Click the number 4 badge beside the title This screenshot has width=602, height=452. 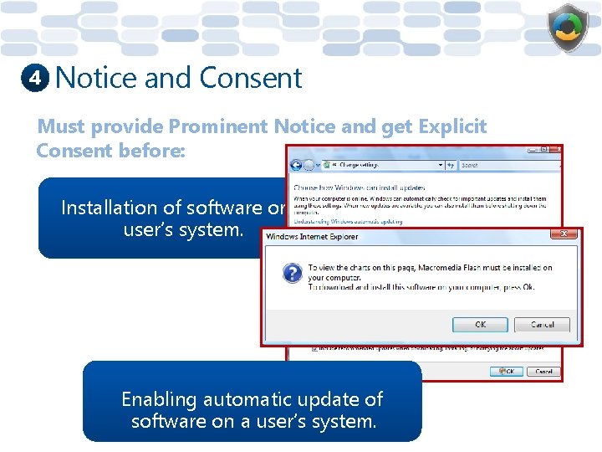click(x=34, y=79)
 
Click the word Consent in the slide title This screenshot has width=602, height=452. click(x=251, y=78)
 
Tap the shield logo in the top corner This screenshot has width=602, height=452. click(x=568, y=28)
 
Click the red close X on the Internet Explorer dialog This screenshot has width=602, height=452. click(x=564, y=235)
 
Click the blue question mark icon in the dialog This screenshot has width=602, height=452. click(x=292, y=273)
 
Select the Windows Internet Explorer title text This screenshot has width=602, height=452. click(x=312, y=237)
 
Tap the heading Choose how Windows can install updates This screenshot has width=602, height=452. click(x=358, y=188)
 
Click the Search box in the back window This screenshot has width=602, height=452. click(x=502, y=165)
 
